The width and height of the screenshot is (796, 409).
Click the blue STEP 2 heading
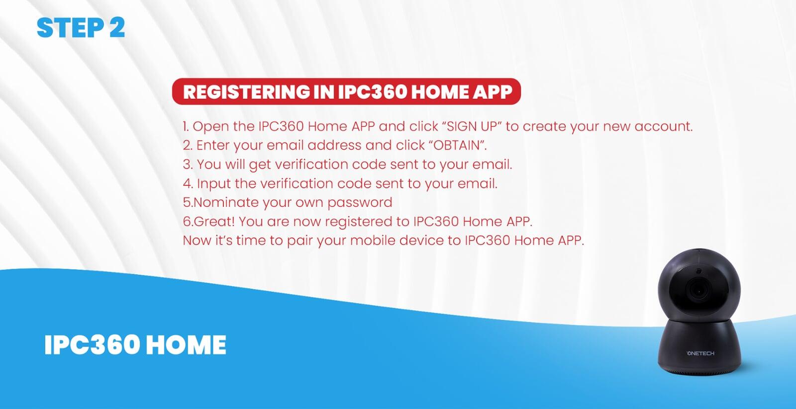point(81,28)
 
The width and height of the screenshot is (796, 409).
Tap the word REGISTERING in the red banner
point(246,92)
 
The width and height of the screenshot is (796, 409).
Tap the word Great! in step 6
point(214,222)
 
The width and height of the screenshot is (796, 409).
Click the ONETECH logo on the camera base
point(700,353)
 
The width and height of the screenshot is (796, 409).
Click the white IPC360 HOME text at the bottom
point(135,345)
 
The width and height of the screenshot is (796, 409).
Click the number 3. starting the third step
point(188,164)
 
